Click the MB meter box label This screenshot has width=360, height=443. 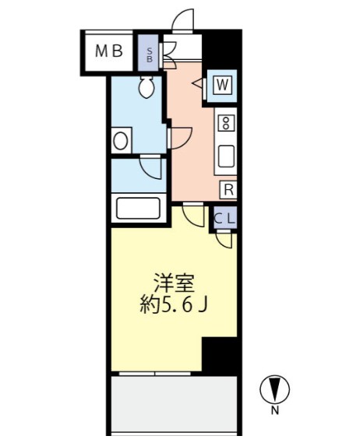coord(110,52)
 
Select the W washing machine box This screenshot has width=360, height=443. coord(221,84)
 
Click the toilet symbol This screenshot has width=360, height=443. coord(146,89)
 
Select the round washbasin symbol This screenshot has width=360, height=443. coord(122,141)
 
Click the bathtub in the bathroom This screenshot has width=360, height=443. coord(137,209)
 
